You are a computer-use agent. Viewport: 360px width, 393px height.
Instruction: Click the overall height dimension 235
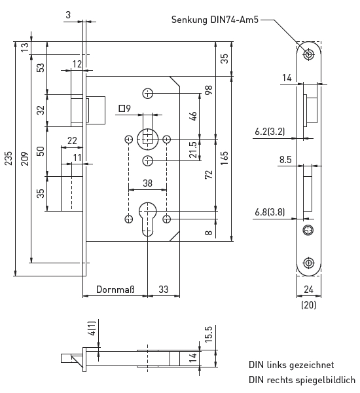pos(9,158)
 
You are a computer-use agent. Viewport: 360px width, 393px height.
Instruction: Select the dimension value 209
pos(25,159)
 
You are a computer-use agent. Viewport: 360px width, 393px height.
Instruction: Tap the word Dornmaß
pos(115,290)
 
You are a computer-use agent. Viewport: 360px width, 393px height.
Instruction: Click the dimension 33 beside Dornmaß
pos(164,290)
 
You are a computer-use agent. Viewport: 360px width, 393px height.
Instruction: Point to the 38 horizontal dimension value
pos(147,183)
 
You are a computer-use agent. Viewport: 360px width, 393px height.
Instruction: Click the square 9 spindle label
pos(125,109)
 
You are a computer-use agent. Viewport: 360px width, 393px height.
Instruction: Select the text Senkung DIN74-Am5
pos(215,20)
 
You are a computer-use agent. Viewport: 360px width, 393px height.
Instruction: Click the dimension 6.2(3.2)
pos(270,132)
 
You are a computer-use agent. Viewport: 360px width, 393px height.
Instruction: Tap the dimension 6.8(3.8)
pos(270,212)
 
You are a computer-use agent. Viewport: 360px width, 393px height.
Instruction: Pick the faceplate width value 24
pos(308,290)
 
